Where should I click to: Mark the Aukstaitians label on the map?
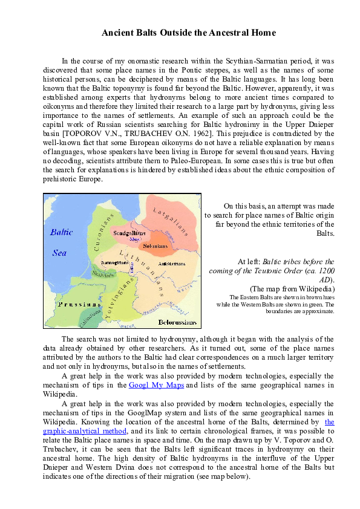[172, 264]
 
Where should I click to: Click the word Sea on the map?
[60, 253]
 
